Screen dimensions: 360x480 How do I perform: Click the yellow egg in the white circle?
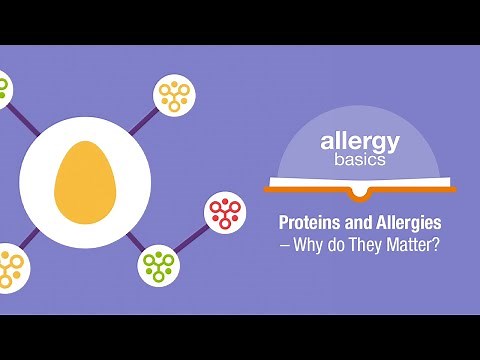85,183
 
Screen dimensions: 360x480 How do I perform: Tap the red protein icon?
224,212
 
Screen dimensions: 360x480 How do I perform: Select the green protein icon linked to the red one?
158,264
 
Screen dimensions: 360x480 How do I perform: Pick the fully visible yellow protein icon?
174,93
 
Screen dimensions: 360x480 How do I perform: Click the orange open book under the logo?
361,187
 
